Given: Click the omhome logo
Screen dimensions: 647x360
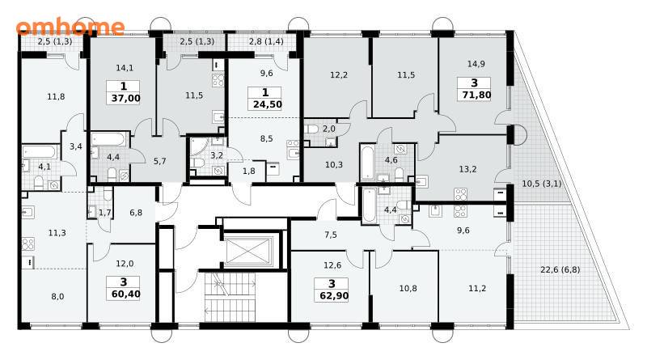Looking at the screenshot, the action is coord(70,27).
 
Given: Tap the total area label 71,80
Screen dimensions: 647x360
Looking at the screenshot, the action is coord(476,95).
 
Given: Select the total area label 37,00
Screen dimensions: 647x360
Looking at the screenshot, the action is coord(125,98).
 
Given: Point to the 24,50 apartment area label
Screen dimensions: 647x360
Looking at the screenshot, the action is coord(268,104).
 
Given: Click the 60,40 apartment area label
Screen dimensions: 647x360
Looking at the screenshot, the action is coord(125,294).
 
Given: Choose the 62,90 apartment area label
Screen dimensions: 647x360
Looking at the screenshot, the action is coord(334,296).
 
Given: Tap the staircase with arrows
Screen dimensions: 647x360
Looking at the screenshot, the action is coord(230,297).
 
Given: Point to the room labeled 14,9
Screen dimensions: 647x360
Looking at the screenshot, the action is coord(476,64).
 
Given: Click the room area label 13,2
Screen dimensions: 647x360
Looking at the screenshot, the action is coord(468,169).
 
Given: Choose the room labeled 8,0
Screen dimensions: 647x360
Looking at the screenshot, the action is coord(57,296).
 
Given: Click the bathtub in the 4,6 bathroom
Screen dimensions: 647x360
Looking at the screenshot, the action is coord(367,162).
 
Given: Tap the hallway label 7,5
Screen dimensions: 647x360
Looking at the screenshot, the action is coord(331,235).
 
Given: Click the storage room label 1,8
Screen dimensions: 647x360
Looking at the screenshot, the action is coord(249,171).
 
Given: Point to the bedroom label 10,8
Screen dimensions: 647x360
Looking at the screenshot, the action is coord(408,289).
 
